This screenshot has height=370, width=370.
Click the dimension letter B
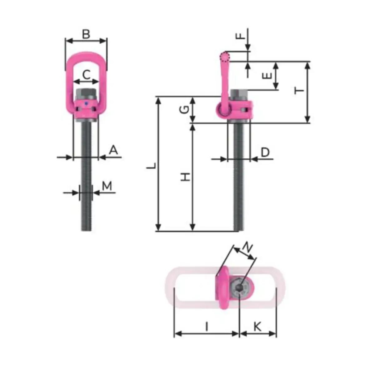tap(86, 34)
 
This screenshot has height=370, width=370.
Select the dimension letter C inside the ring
tap(86, 75)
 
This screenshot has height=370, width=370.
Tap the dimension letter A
tap(114, 150)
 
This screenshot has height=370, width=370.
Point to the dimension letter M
tap(107, 186)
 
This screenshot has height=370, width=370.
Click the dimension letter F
tap(240, 36)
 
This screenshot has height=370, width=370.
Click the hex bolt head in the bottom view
tap(239, 288)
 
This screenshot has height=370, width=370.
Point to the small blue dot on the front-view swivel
tap(86, 104)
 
